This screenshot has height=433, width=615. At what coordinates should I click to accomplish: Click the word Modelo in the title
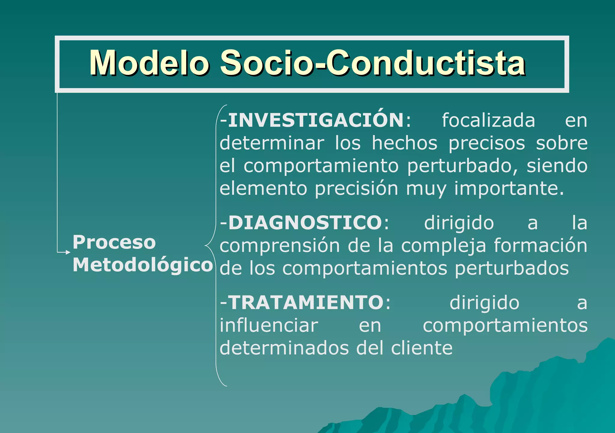[149, 63]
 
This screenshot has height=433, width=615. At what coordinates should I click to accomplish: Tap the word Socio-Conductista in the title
[373, 63]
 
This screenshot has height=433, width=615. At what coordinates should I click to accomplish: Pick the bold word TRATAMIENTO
[306, 302]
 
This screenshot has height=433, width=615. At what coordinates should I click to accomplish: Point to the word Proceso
[114, 242]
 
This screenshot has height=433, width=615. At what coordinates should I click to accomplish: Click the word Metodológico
[143, 265]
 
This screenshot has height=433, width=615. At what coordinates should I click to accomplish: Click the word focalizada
[488, 121]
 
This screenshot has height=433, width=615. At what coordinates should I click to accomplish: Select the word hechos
[404, 143]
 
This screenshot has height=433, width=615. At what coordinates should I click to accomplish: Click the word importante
[509, 189]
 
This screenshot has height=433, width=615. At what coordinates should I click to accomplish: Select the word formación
[541, 245]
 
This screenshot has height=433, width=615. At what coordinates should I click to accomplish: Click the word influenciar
[269, 325]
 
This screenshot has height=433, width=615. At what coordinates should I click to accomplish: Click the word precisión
[356, 189]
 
